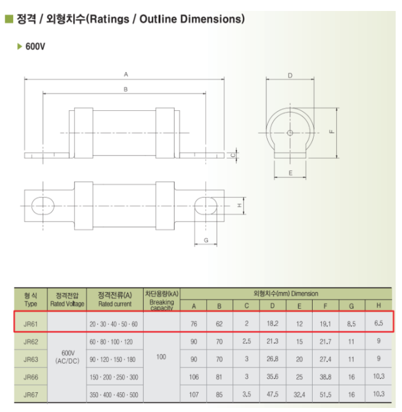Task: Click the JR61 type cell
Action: [x=31, y=324]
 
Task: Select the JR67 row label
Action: [x=31, y=395]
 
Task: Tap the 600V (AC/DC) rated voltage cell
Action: [x=67, y=357]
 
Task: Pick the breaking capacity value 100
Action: [x=161, y=357]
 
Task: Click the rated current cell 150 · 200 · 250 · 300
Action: [x=114, y=377]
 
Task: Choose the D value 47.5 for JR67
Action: [x=272, y=394]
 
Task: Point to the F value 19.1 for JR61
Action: [x=325, y=324]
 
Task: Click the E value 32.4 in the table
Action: [x=299, y=395]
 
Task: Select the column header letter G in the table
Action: [x=351, y=306]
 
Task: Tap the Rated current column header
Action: [x=115, y=304]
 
